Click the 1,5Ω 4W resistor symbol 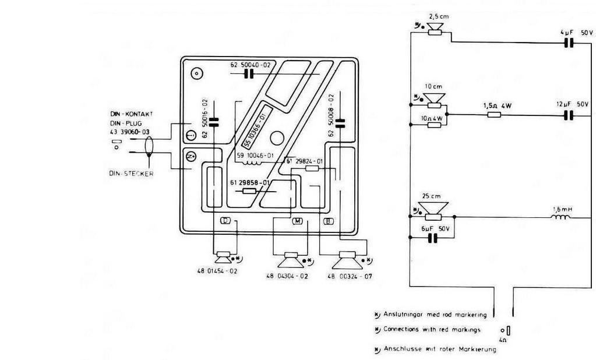(494, 115)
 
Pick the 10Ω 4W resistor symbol (433, 125)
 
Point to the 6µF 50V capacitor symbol (432, 238)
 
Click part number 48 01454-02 (217, 271)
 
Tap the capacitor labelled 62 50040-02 (250, 73)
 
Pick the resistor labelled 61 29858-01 (250, 190)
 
